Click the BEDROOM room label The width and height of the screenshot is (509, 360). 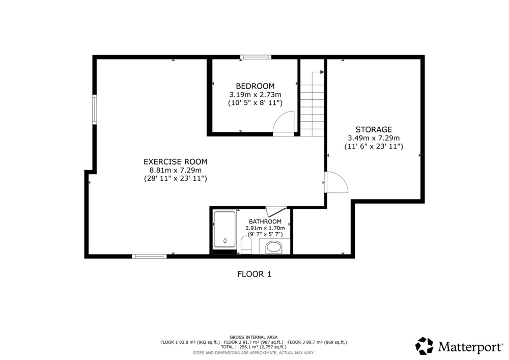click(255, 86)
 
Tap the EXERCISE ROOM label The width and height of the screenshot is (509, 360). click(175, 161)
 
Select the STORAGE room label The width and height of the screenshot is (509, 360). click(374, 129)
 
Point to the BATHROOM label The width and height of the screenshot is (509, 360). click(265, 221)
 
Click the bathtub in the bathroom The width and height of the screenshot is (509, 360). click(224, 230)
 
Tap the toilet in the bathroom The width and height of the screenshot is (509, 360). click(246, 245)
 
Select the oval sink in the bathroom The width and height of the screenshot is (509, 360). click(274, 247)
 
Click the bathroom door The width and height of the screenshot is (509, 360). click(276, 211)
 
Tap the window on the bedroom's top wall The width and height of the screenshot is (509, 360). click(256, 57)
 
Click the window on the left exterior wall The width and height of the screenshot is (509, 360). click(95, 109)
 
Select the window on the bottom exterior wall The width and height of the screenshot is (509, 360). click(149, 257)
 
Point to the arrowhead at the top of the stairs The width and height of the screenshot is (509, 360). click(322, 72)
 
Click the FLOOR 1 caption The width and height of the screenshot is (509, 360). click(254, 274)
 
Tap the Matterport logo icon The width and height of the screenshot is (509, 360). click(425, 346)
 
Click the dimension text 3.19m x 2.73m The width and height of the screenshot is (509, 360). click(255, 95)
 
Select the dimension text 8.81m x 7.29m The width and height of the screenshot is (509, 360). click(175, 170)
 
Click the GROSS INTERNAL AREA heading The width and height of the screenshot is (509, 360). click(253, 337)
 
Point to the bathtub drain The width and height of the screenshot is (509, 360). click(225, 241)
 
